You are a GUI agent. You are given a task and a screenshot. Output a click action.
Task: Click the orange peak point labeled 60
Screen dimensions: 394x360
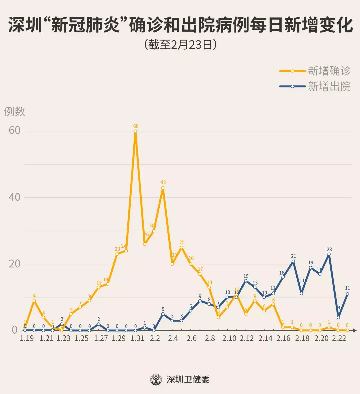[135, 131]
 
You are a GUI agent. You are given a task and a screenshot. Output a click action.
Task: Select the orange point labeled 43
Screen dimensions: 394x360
[163, 188]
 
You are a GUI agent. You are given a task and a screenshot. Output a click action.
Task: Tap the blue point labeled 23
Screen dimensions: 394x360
[329, 254]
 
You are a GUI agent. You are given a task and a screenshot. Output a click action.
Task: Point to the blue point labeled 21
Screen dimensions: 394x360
[293, 261]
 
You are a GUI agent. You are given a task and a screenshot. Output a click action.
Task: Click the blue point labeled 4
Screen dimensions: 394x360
[338, 317]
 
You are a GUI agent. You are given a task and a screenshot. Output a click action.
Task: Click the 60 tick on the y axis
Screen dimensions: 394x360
[14, 130]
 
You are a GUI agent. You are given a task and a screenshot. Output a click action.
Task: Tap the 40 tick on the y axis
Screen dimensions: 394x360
[14, 197]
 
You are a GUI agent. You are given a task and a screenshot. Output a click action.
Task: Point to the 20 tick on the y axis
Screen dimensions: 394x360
[14, 264]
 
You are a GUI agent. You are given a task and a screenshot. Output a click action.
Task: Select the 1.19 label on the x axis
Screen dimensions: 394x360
[27, 338]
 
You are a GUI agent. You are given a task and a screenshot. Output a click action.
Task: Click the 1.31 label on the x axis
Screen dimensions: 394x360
[137, 338]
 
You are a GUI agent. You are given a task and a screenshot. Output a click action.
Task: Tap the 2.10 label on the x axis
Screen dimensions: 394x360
[229, 338]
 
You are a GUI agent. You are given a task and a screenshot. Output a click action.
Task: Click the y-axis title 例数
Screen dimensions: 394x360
[15, 111]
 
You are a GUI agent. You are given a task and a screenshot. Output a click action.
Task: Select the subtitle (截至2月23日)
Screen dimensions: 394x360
[180, 45]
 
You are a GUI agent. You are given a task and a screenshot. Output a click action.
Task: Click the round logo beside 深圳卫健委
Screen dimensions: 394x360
[156, 379]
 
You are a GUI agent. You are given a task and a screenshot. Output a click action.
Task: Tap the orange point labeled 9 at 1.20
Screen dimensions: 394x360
[34, 301]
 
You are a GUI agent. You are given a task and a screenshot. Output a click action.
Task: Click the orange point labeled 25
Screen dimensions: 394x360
[181, 247]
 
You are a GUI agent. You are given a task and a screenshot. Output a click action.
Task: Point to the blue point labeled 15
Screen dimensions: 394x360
[246, 281]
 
